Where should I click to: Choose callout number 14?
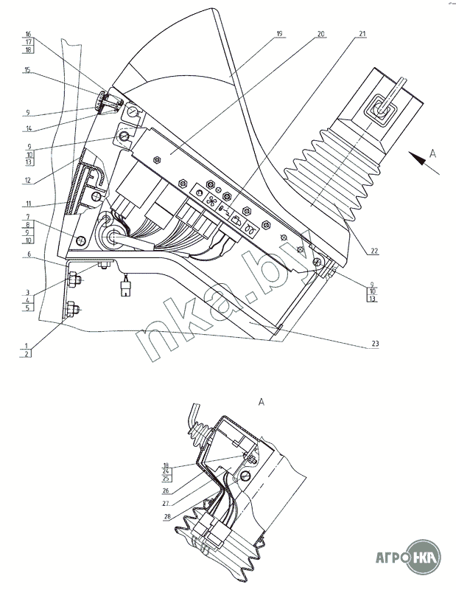coord(27,129)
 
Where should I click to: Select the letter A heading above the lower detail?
coord(262,402)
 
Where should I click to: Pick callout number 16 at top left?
coord(27,35)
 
